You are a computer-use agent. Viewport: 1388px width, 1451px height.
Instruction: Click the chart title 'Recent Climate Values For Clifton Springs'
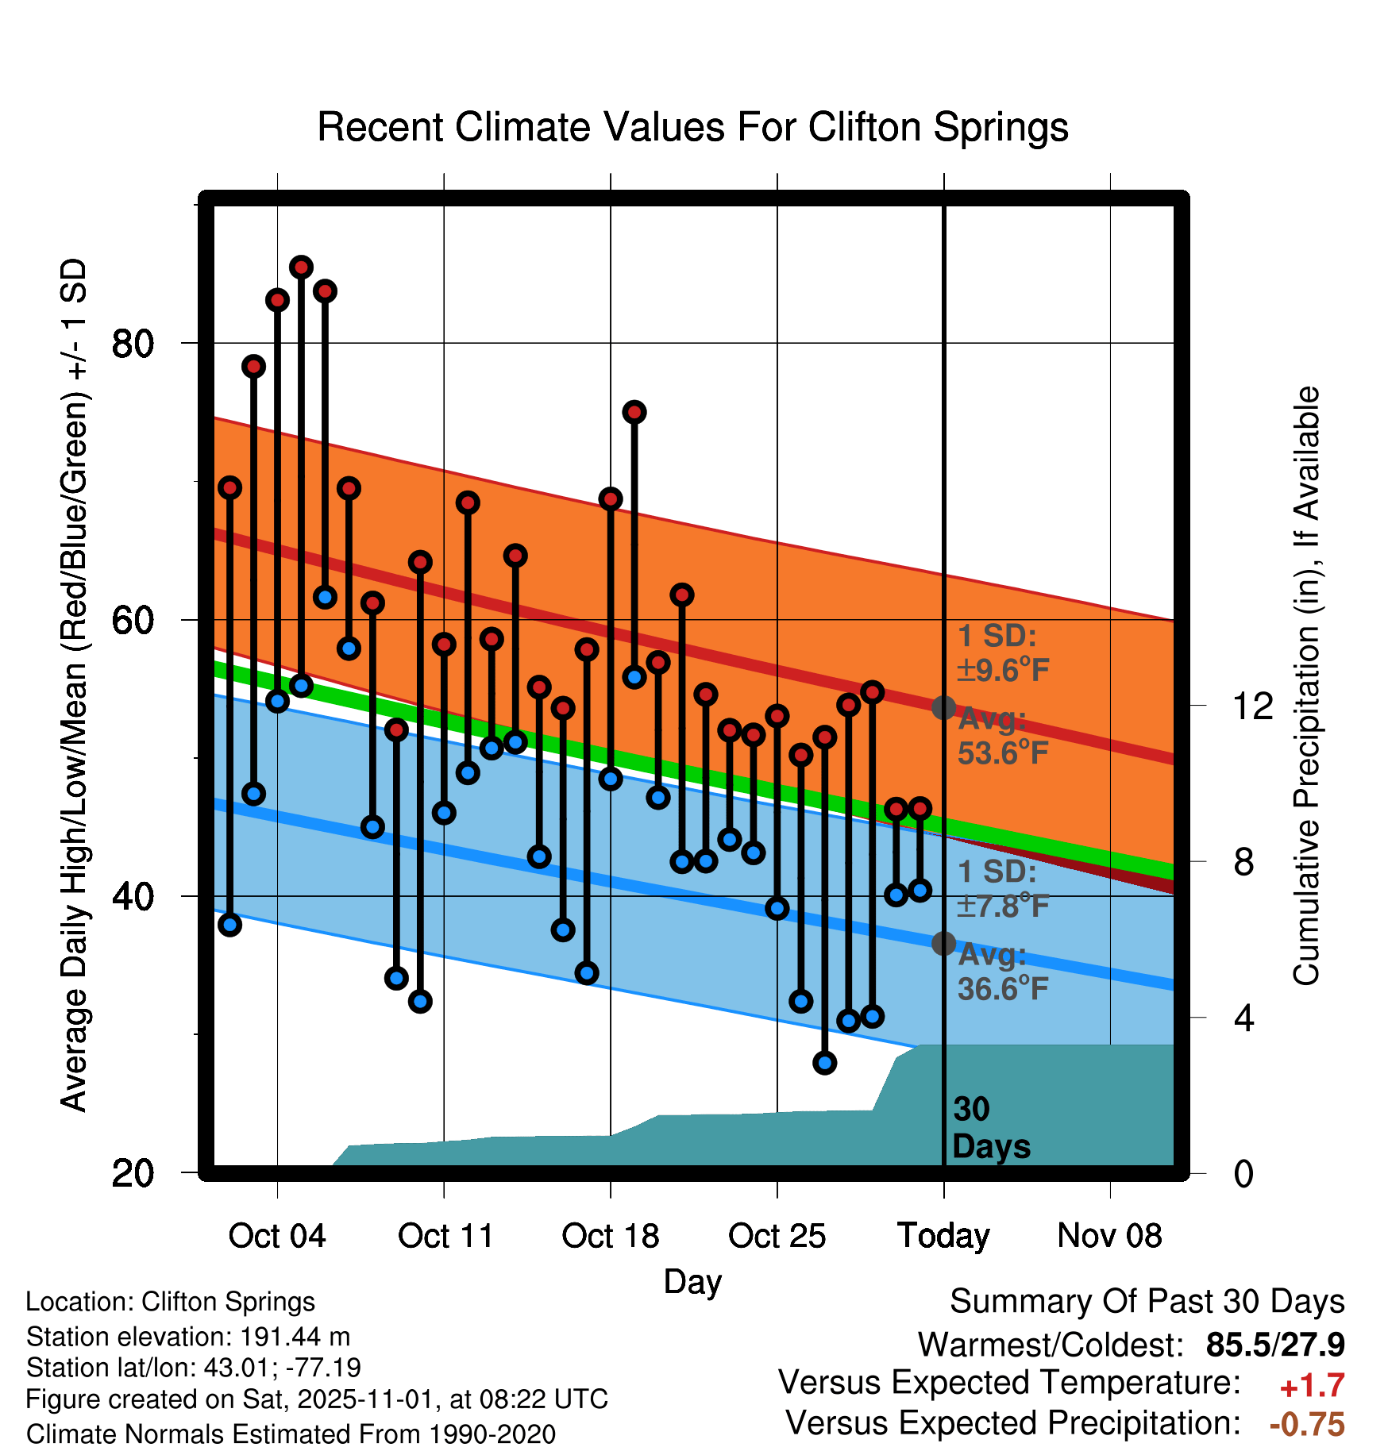coord(692,127)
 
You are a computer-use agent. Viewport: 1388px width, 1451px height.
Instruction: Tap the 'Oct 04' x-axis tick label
coord(277,1236)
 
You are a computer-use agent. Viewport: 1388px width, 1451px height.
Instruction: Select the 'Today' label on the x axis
coord(943,1236)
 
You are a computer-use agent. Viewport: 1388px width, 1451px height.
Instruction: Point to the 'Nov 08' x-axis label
coord(1109,1236)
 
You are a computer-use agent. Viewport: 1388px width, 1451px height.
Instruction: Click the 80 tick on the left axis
coord(133,344)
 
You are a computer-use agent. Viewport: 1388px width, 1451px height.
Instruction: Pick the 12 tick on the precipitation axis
coord(1253,706)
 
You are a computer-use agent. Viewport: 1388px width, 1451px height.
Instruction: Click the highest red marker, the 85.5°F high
coord(301,267)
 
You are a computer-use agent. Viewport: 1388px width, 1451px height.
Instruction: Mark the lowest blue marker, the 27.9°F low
coord(825,1063)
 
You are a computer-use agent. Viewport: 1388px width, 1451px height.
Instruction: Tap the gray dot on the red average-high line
coord(943,707)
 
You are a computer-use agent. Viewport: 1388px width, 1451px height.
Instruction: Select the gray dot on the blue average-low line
coord(943,943)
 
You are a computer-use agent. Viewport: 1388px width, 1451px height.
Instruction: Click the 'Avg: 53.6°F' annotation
coord(1002,736)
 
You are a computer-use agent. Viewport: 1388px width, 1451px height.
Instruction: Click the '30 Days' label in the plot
coord(990,1128)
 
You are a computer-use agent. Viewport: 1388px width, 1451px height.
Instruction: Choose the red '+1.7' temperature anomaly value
coord(1312,1386)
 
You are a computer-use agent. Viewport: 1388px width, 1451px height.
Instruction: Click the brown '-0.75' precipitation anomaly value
coord(1307,1424)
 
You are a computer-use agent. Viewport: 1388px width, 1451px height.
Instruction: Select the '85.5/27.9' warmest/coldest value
coord(1274,1345)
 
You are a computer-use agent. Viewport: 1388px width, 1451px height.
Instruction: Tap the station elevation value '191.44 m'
coord(295,1337)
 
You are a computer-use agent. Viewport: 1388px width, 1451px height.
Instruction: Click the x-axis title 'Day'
coord(692,1281)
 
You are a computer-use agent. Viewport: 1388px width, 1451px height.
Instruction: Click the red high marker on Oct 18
coord(611,498)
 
